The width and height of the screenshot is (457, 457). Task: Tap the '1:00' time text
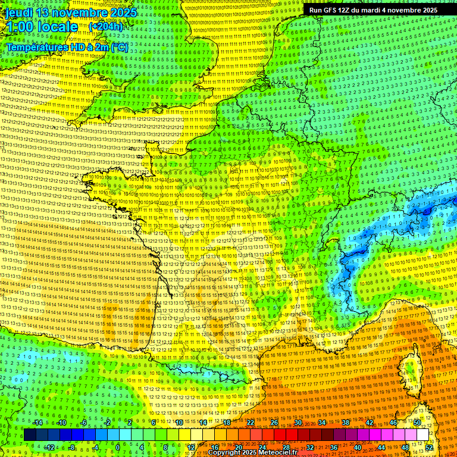(20, 27)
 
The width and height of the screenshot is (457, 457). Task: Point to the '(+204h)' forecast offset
(105, 27)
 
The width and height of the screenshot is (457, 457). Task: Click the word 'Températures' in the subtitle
(37, 46)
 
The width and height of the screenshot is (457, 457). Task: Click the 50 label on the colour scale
(417, 422)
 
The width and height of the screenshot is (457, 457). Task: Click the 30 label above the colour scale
(298, 422)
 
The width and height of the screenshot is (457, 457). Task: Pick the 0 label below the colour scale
(118, 447)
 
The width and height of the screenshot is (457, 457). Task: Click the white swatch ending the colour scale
(422, 435)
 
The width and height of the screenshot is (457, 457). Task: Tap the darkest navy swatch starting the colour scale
(30, 435)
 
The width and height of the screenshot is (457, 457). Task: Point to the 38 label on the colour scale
(346, 422)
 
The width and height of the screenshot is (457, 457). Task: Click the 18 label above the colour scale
(227, 422)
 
